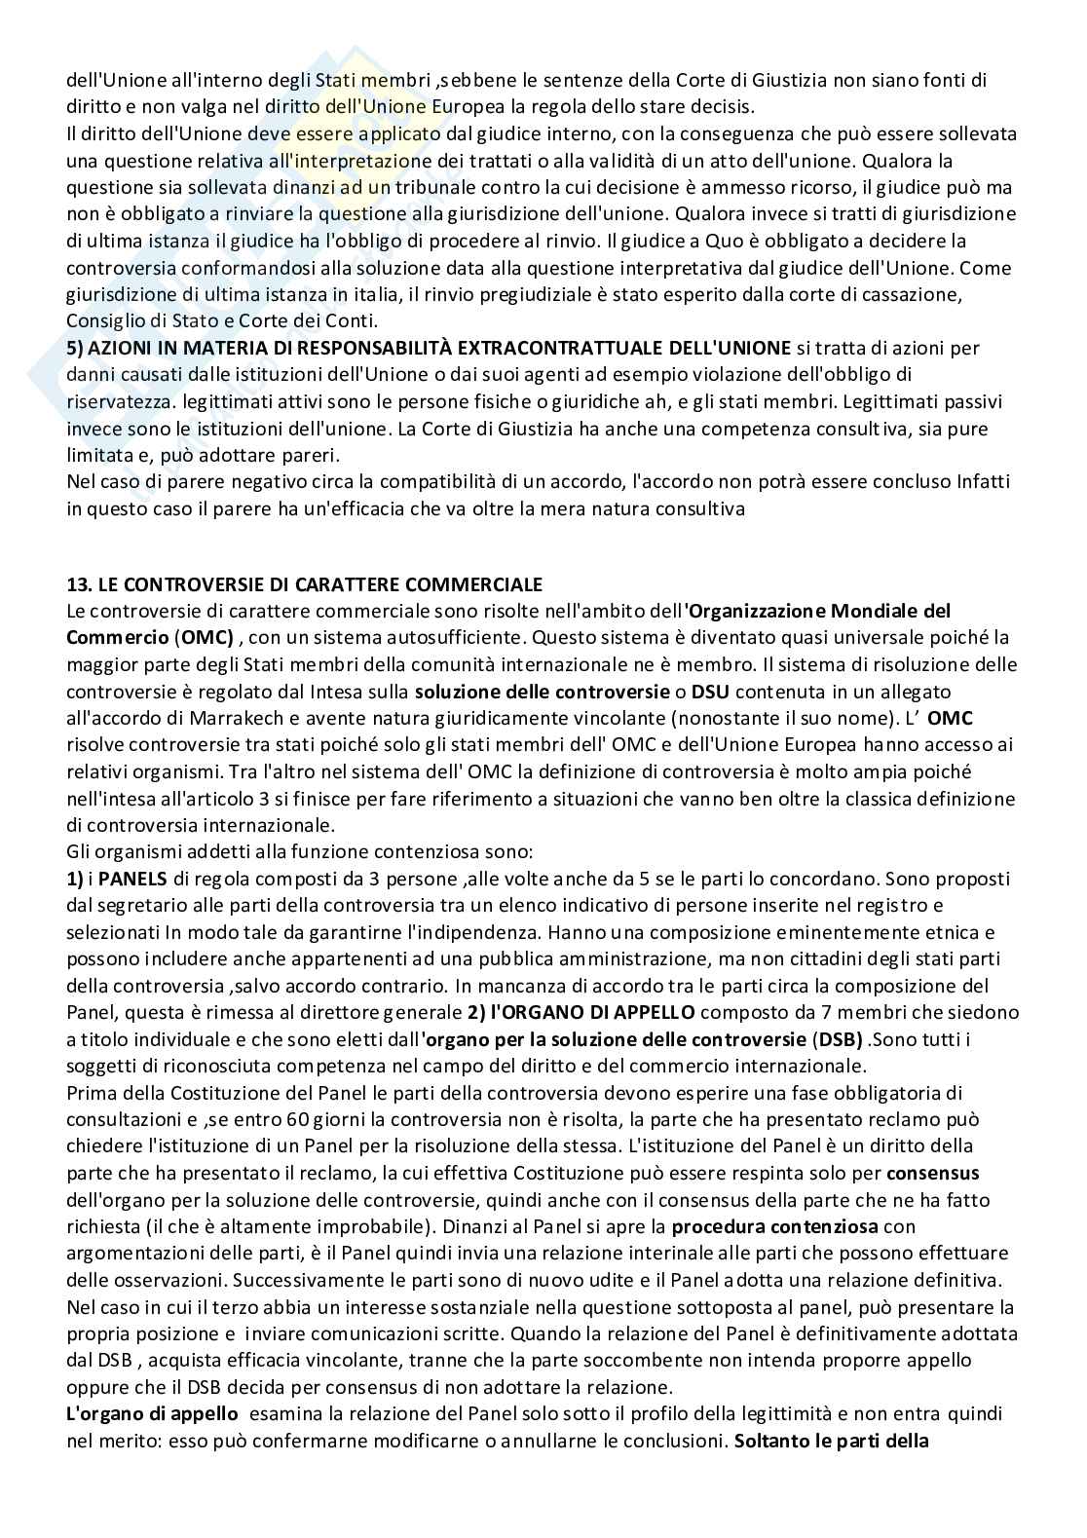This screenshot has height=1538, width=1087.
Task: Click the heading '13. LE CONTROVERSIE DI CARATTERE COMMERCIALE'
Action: click(304, 584)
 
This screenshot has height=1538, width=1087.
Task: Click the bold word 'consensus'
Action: click(933, 1172)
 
